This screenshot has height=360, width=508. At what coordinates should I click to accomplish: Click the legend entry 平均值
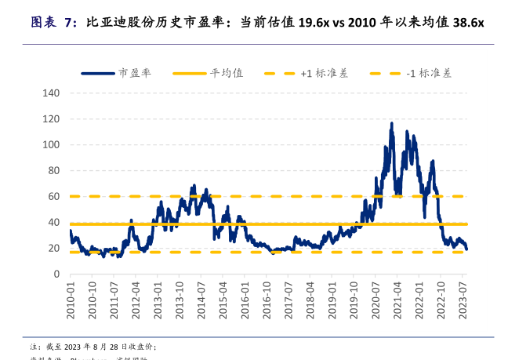click(x=227, y=73)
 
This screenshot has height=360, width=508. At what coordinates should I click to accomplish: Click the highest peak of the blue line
click(x=391, y=123)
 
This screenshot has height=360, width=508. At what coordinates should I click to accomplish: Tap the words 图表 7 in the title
click(x=51, y=23)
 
